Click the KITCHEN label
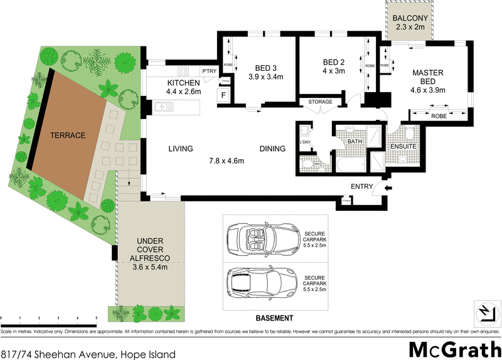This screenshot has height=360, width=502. click(x=183, y=83)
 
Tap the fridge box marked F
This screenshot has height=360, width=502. click(x=222, y=96)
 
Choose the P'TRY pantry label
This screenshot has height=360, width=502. click(x=208, y=71)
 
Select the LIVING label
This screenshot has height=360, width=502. click(x=180, y=149)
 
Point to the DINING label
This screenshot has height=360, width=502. click(x=273, y=149)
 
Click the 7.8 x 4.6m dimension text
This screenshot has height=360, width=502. click(x=227, y=161)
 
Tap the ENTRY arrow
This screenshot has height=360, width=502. click(x=387, y=186)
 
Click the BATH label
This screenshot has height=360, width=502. click(x=355, y=142)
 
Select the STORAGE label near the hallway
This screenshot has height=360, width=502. click(x=320, y=102)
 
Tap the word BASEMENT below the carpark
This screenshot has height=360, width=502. click(x=275, y=317)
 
